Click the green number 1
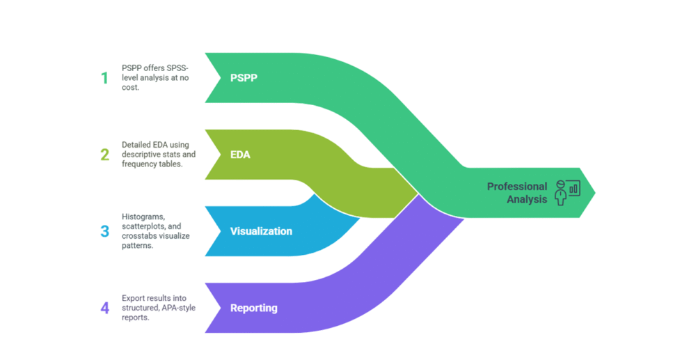click(104, 78)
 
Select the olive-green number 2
click(104, 155)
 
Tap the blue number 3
click(104, 231)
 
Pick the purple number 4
click(104, 308)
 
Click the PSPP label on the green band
click(244, 78)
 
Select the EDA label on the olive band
click(240, 155)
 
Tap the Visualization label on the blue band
click(261, 231)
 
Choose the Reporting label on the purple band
click(253, 308)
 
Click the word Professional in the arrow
click(516, 187)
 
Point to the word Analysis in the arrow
click(527, 199)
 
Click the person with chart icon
click(567, 192)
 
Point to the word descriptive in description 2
click(138, 155)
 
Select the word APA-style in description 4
click(177, 308)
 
